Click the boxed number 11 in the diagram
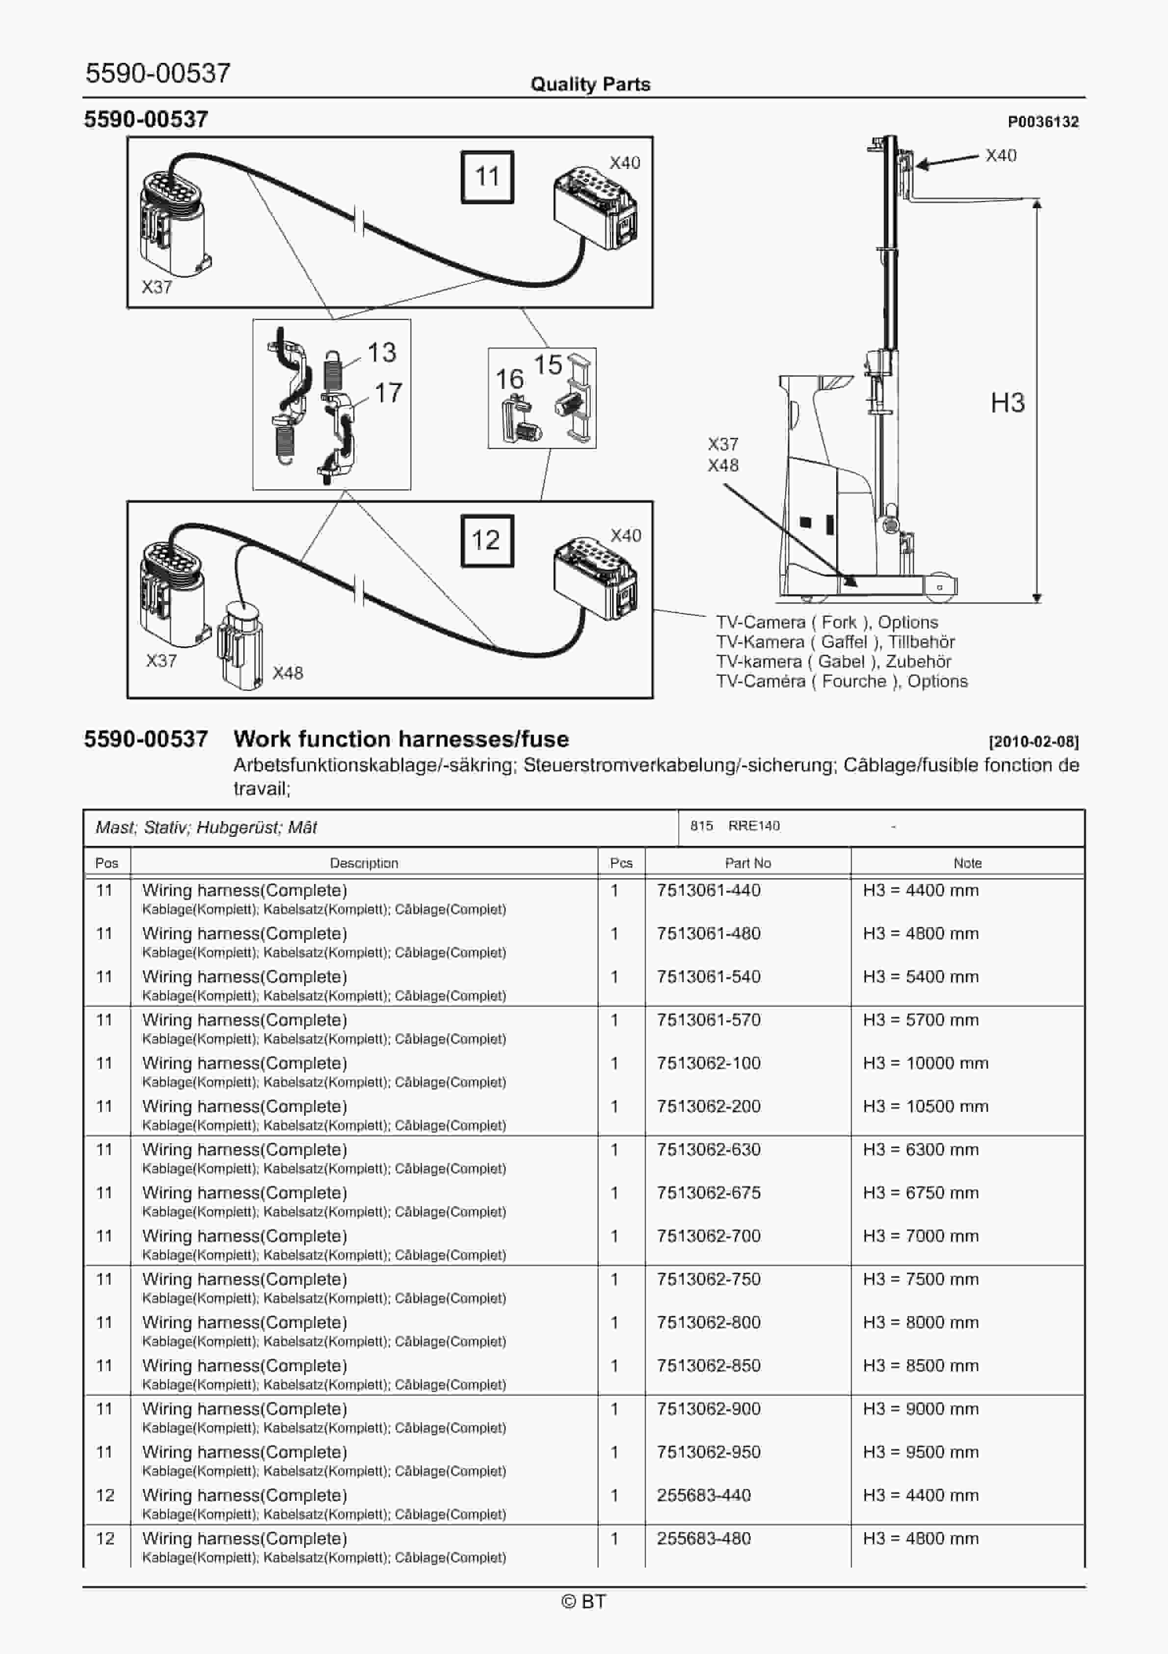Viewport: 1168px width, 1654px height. pos(487,176)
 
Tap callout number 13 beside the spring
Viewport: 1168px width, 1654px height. pos(382,352)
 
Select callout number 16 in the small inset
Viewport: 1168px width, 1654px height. pos(509,379)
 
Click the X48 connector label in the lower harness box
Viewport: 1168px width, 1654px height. pos(287,673)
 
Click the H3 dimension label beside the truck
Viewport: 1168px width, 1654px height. pos(1007,403)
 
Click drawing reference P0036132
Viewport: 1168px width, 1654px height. pos(1043,122)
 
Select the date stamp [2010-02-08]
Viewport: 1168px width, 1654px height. pos(1034,741)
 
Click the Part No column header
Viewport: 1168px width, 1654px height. pos(747,863)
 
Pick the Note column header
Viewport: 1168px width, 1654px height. pos(967,863)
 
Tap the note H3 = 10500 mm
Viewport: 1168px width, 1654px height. pos(926,1106)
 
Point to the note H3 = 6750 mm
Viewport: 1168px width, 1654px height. pos(920,1193)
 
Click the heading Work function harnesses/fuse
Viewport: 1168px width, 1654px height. pos(401,739)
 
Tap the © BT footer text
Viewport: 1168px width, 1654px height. pos(584,1601)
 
